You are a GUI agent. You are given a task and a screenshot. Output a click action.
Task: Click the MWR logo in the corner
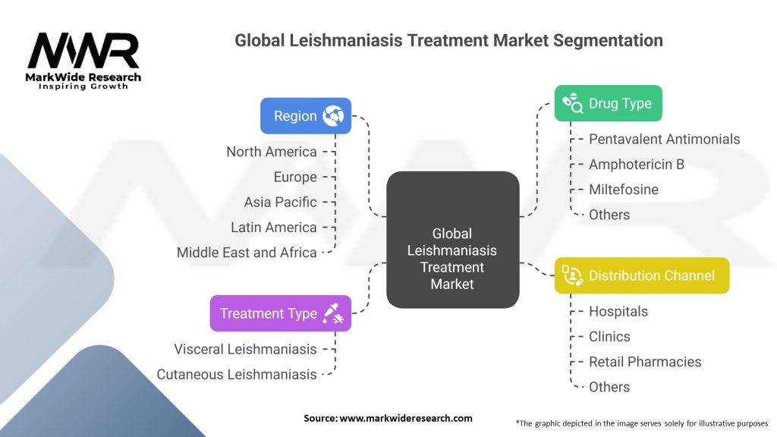tap(83, 59)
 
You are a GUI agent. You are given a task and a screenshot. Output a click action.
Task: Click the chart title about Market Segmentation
tap(448, 40)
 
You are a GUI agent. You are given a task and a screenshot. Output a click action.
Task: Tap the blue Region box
tap(306, 116)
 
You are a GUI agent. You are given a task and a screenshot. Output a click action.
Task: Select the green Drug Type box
tap(608, 104)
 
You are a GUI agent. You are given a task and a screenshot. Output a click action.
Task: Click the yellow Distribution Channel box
tap(642, 275)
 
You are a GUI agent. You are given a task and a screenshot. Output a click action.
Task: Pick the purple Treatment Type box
tap(281, 313)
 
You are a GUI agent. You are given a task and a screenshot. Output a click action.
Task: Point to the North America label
tap(271, 152)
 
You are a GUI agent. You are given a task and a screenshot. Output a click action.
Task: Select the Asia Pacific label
tap(280, 202)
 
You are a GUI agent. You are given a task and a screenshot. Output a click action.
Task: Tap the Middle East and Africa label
tap(247, 253)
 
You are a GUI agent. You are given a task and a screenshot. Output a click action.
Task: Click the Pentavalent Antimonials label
tap(664, 139)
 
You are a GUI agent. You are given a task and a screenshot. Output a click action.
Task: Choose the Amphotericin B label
tap(636, 164)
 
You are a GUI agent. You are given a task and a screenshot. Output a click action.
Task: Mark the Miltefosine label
tap(623, 190)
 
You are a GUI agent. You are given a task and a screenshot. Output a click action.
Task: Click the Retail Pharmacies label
tap(644, 362)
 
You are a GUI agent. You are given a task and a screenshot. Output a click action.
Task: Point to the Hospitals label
tap(618, 311)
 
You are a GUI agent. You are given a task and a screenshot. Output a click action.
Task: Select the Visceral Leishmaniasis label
tap(245, 349)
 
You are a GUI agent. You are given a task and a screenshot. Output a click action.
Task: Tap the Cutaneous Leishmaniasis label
tap(237, 374)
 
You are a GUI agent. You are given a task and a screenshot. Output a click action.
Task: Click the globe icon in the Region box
tap(333, 116)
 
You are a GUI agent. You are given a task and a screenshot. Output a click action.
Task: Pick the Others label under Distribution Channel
tap(609, 387)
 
